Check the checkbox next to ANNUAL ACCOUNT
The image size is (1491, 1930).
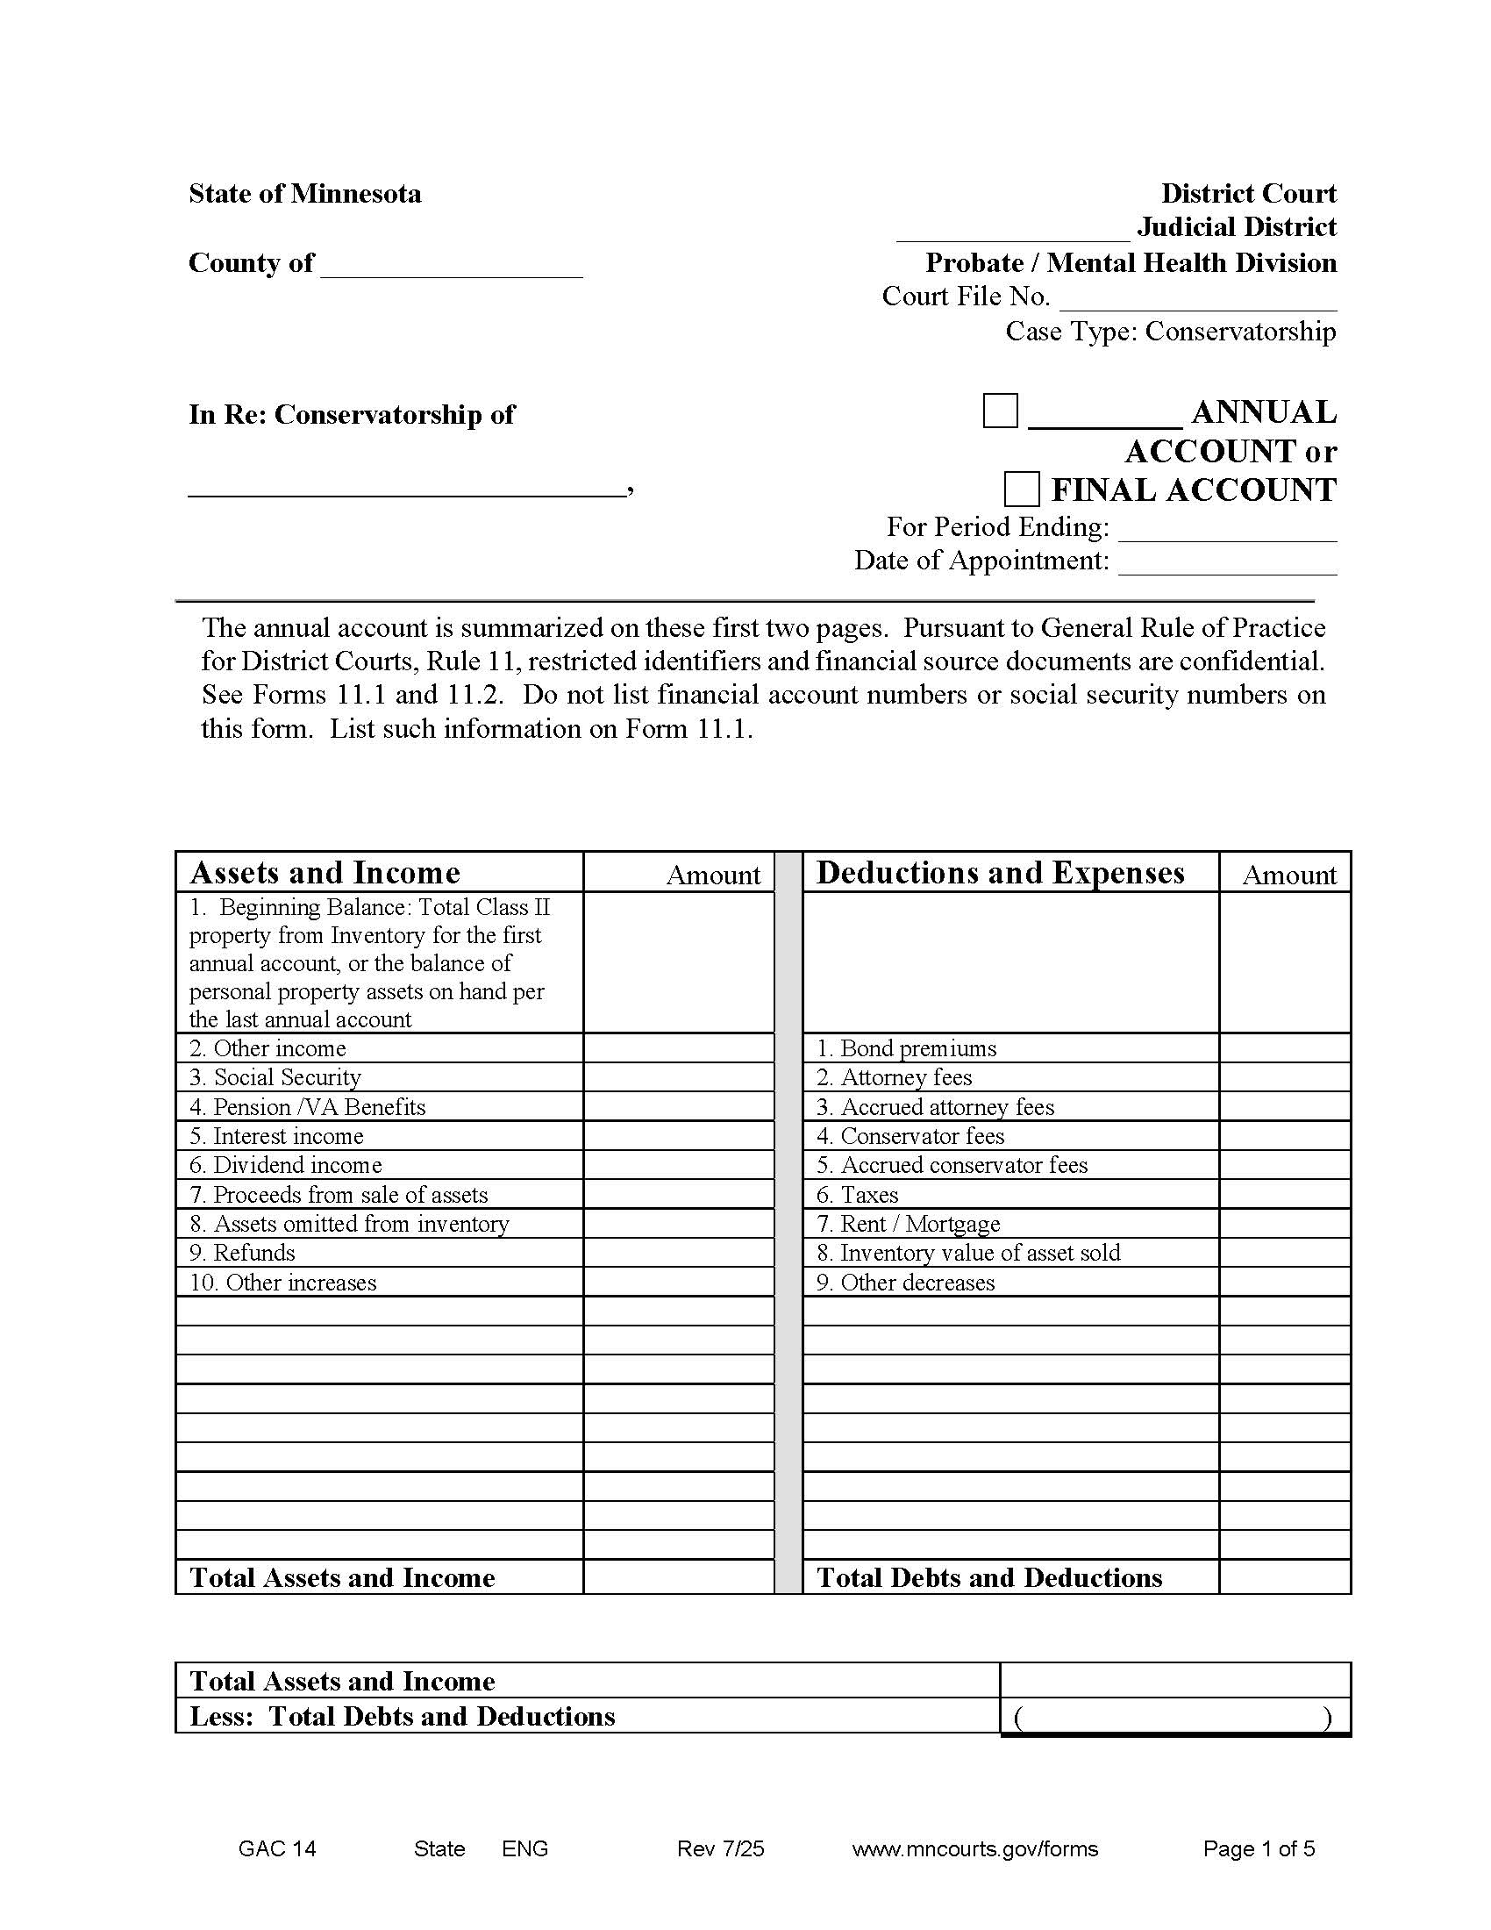[1000, 411]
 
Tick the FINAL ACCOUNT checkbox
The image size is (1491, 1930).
[1021, 489]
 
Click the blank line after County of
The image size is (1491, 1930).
[452, 265]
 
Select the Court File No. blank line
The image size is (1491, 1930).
[1198, 298]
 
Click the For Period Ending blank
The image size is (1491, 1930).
[1227, 528]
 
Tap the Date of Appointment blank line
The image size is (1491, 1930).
[1227, 563]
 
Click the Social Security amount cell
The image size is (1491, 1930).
[678, 1077]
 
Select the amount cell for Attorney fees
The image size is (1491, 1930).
[1284, 1077]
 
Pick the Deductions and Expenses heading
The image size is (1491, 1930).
[1000, 872]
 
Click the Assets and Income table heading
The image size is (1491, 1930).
[325, 872]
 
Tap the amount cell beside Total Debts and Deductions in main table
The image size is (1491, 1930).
[1284, 1577]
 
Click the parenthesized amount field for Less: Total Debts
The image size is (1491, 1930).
[1174, 1717]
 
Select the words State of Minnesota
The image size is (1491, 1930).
[304, 194]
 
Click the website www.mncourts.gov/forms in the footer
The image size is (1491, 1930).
[975, 1848]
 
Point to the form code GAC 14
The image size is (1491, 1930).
[277, 1848]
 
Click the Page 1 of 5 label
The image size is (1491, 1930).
[1259, 1848]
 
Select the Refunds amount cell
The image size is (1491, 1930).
[678, 1252]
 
